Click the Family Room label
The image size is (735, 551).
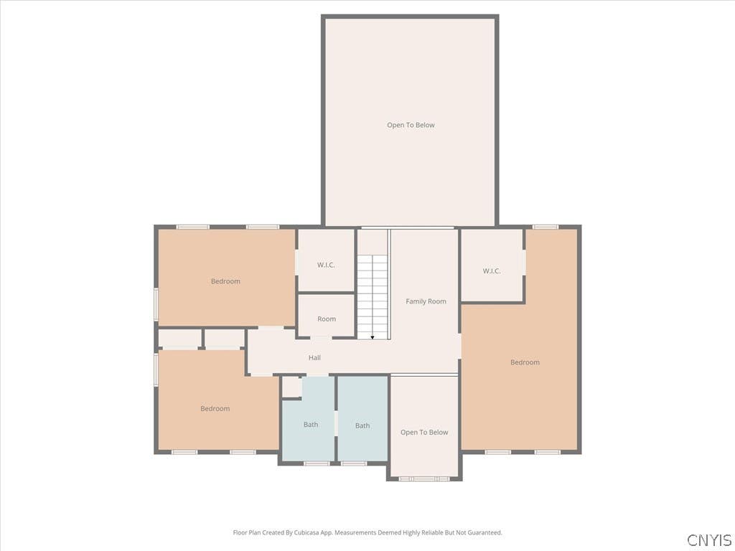pos(426,301)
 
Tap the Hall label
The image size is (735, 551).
pos(314,357)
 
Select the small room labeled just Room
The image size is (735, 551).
pos(327,316)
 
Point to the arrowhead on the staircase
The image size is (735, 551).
pos(373,337)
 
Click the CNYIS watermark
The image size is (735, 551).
pos(709,540)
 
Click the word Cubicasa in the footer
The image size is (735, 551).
pos(306,533)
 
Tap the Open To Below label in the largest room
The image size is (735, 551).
pos(411,125)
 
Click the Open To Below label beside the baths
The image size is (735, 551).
pos(424,433)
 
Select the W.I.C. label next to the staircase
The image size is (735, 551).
pos(326,265)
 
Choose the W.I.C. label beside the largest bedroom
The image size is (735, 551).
pos(492,270)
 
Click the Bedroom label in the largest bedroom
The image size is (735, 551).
pos(525,362)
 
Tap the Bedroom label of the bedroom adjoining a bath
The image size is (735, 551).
pos(215,408)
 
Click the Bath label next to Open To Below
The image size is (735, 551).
pos(362,425)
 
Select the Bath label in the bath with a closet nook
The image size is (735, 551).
pos(311,425)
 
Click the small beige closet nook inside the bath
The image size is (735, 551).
pos(291,387)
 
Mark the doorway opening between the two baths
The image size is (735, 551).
pos(336,423)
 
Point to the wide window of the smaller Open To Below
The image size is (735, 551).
pos(424,479)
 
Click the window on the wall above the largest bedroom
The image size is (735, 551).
pos(546,227)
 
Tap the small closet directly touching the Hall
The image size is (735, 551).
pos(225,339)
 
